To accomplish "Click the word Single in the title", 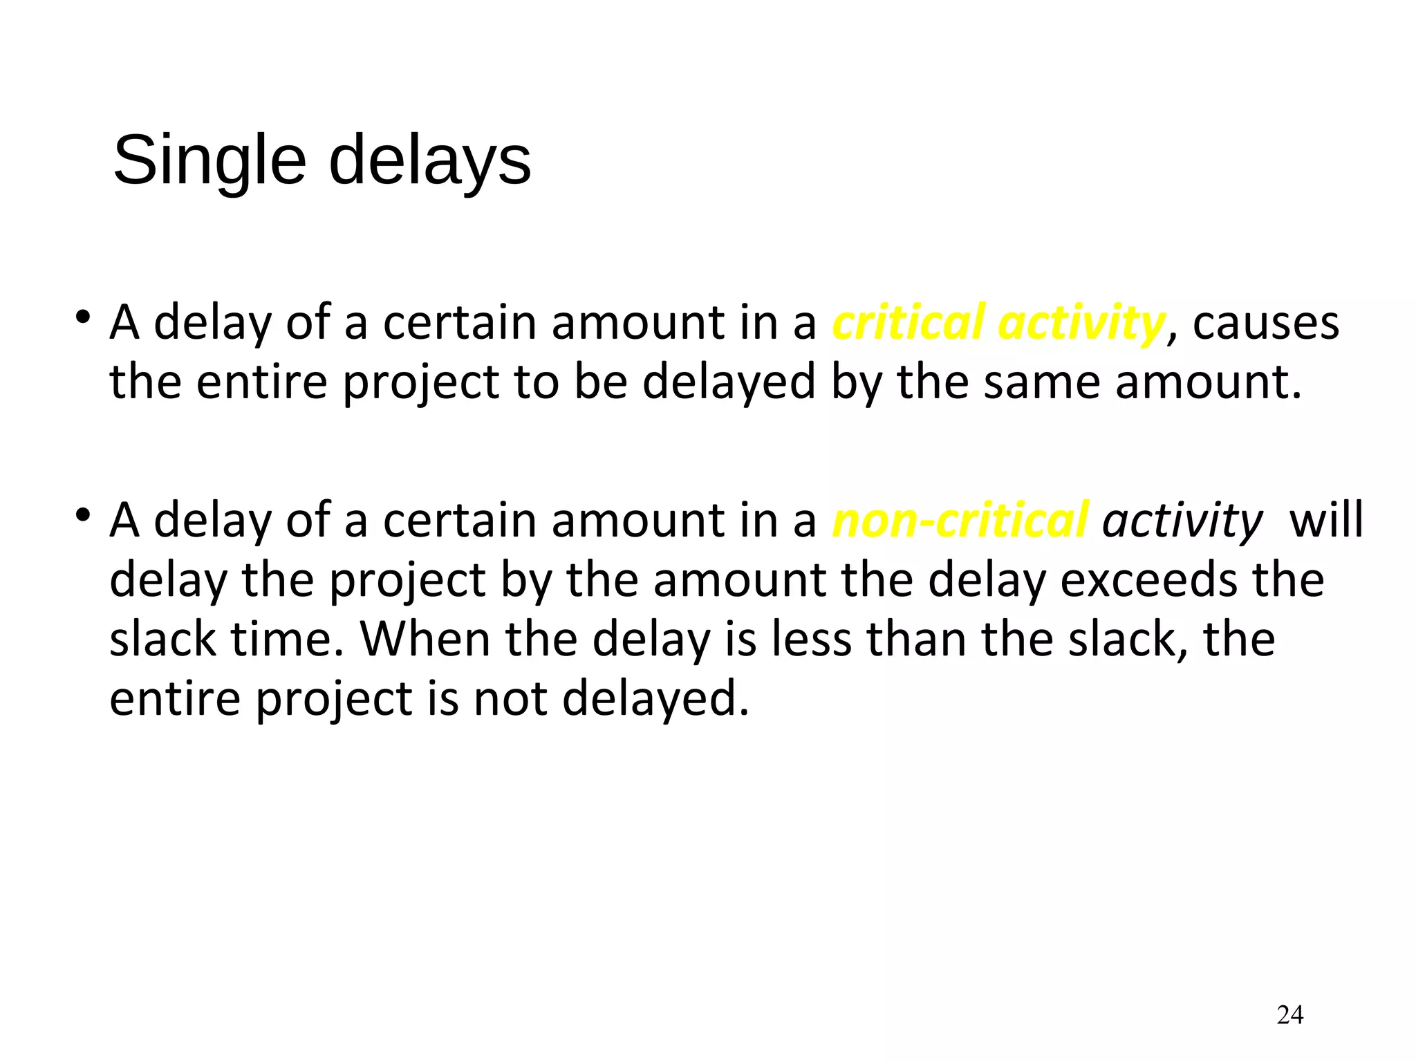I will (209, 161).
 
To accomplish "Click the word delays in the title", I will (429, 161).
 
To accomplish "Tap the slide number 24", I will (1289, 1015).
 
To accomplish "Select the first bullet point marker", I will (84, 318).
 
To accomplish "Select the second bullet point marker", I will (84, 516).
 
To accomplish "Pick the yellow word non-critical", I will (960, 520).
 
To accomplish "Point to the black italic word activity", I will (1182, 520).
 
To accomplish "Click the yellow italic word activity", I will (1081, 322).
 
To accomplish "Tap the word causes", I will (1265, 322).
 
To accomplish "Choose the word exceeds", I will (1148, 579).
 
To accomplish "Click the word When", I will (425, 639).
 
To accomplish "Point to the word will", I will (1326, 520).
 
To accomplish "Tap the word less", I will (811, 639).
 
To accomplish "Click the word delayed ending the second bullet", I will (654, 698).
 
